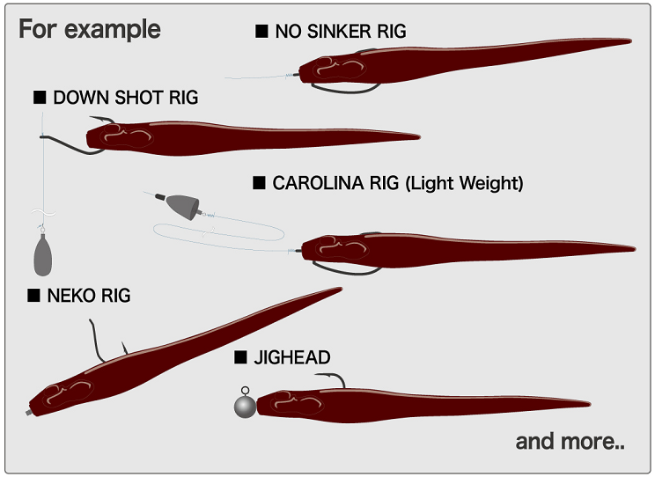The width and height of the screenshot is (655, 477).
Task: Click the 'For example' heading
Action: (90, 28)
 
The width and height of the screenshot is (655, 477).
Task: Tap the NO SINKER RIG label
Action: (341, 32)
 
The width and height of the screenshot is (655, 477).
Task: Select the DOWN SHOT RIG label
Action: (125, 97)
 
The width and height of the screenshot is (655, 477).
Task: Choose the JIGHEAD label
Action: (292, 357)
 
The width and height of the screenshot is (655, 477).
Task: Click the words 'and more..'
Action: (570, 441)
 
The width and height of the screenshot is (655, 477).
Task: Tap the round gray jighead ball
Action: (245, 406)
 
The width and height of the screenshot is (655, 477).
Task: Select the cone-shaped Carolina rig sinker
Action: (181, 205)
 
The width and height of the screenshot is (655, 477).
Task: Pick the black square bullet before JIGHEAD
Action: (240, 357)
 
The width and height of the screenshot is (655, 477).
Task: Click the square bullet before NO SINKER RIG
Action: (261, 32)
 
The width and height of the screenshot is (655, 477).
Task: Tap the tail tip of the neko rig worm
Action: (339, 290)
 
